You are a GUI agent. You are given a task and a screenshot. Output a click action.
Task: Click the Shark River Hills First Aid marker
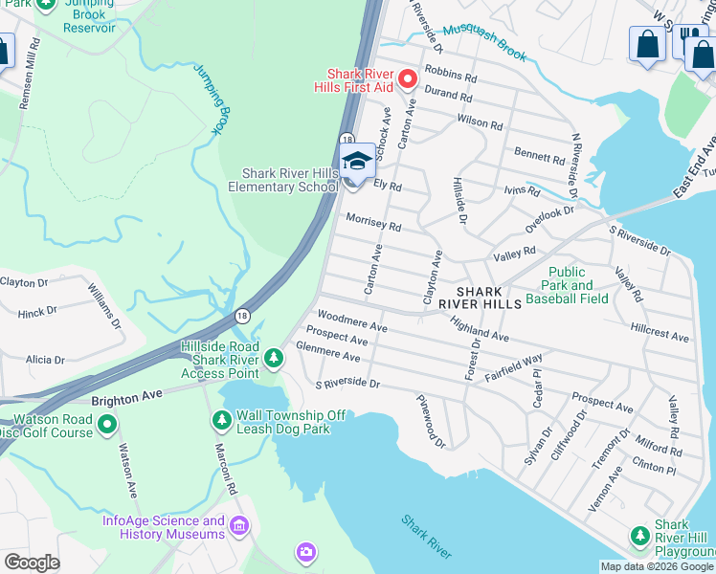408,79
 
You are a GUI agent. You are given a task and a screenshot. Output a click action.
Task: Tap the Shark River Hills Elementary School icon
357,161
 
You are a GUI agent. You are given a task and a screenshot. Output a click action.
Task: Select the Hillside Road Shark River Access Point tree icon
275,358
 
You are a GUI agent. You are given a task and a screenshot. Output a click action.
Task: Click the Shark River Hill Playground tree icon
639,536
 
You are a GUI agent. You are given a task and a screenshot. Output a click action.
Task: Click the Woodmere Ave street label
351,320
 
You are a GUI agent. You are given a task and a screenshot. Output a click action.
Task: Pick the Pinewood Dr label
432,421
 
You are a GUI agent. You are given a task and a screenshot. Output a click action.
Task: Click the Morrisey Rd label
373,221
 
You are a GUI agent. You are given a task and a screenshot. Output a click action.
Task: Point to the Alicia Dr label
45,361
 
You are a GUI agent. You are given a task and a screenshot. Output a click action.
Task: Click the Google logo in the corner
32,563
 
